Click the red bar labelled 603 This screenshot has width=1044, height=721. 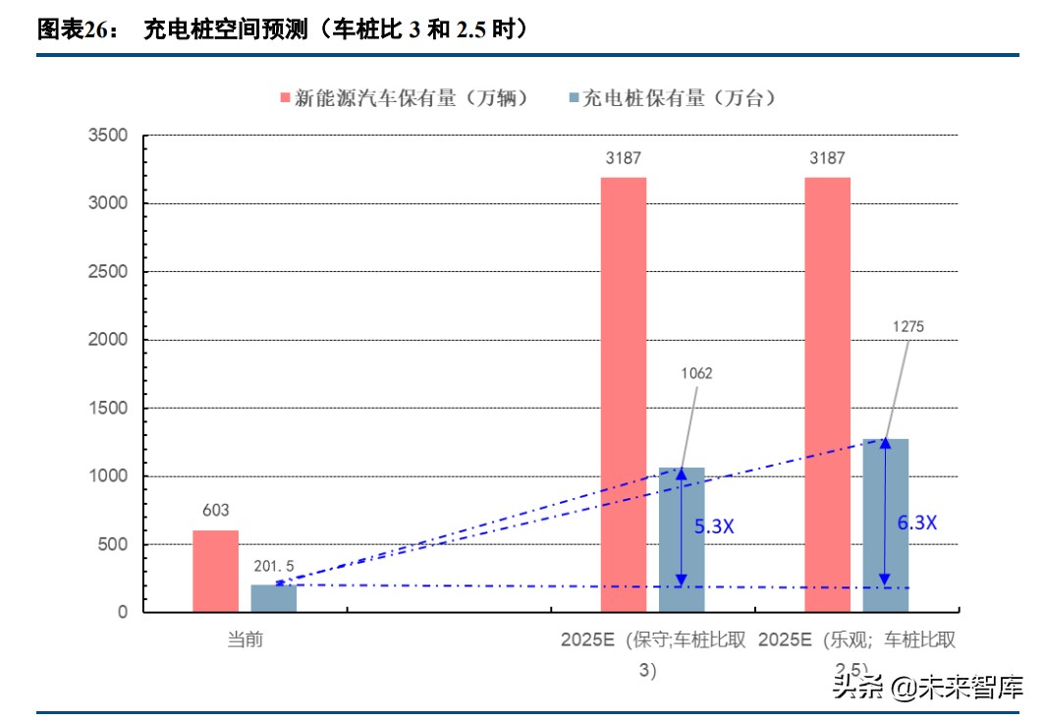click(215, 572)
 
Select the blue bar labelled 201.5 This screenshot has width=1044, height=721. click(273, 598)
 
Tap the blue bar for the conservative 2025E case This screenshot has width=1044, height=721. click(682, 540)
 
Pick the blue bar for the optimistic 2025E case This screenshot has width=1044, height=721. click(885, 526)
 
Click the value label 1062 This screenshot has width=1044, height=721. click(695, 373)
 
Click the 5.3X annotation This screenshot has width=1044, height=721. click(714, 527)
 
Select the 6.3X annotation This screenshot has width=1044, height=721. click(916, 523)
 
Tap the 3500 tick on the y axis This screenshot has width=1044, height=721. click(108, 136)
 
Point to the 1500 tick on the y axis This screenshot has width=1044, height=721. click(108, 408)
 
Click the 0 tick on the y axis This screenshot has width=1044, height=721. click(122, 612)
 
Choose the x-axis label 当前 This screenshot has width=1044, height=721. click(245, 640)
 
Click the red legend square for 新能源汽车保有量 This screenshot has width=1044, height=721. click(285, 98)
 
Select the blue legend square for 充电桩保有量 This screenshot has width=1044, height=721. click(574, 98)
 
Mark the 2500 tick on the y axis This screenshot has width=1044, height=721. click(108, 272)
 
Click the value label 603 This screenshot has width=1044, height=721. click(216, 511)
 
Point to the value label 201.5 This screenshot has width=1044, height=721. click(273, 567)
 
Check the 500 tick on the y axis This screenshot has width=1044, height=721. click(112, 544)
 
